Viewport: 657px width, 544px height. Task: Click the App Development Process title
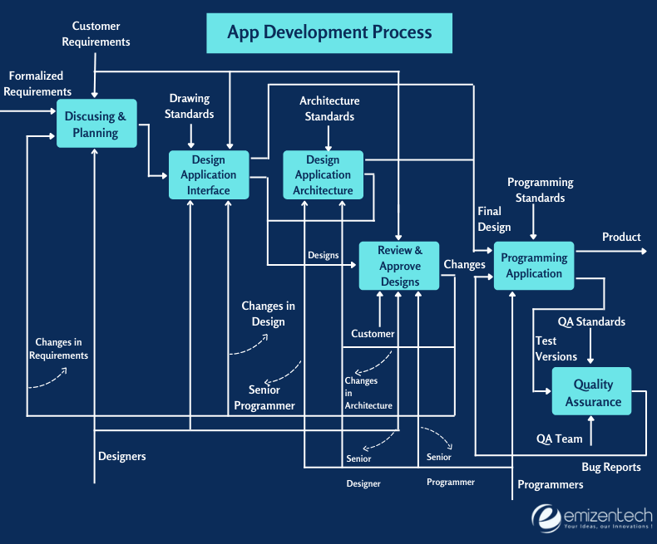coord(329,32)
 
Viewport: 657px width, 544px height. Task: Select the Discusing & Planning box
coord(96,125)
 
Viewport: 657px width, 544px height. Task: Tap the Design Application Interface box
coord(209,175)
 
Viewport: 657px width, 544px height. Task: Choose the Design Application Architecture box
coord(323,175)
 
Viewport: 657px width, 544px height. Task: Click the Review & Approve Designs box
coord(400,266)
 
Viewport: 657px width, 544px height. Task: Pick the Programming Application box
coord(534,266)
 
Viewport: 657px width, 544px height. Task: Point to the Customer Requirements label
coord(96,34)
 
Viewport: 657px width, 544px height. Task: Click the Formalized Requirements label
coord(37,84)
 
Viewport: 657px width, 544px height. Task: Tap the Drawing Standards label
coord(190,106)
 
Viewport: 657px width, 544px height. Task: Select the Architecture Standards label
coord(329,109)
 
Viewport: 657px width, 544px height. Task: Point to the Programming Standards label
coord(540,190)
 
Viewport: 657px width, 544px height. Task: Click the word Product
coord(621,237)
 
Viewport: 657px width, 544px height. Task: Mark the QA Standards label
coord(591,321)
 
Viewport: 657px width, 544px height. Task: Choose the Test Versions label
coord(556,348)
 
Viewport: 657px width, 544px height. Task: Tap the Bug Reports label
coord(611,467)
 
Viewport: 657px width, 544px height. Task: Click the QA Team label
coord(559,439)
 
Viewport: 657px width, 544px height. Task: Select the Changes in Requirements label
coord(58,349)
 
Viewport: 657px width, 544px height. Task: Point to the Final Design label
coord(494,219)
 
